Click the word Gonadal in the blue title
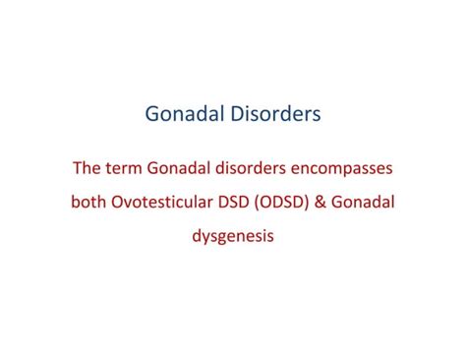coord(184,115)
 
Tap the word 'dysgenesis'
coord(233,237)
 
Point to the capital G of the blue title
coord(151,115)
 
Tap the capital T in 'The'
coord(78,168)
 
